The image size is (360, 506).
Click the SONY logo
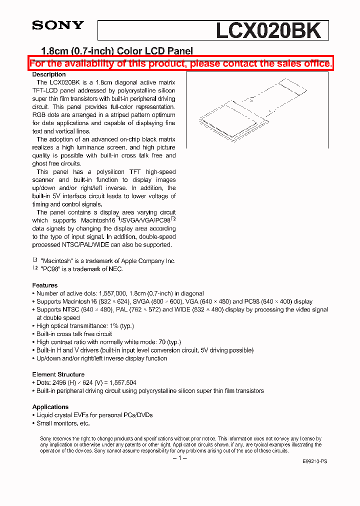pyautogui.click(x=58, y=25)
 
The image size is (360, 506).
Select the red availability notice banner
pyautogui.click(x=180, y=63)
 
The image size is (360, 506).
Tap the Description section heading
pyautogui.click(x=49, y=74)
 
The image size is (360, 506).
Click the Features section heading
pyautogui.click(x=45, y=285)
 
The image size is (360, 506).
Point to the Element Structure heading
pyautogui.click(x=58, y=374)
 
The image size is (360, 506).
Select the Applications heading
pyautogui.click(x=50, y=407)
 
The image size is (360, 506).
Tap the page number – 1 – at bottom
pyautogui.click(x=179, y=458)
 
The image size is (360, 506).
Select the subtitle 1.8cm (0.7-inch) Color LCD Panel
pyautogui.click(x=116, y=50)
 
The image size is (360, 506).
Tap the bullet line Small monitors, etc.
pyautogui.click(x=63, y=423)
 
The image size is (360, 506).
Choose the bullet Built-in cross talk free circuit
pyautogui.click(x=74, y=334)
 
